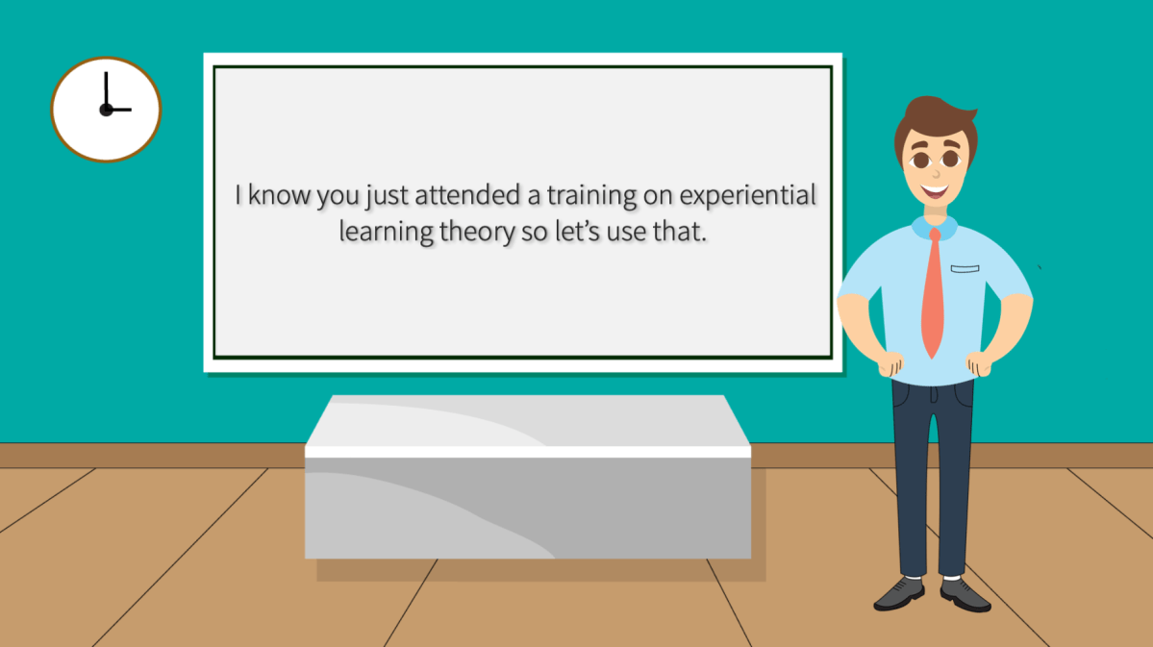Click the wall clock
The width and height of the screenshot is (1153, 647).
[106, 109]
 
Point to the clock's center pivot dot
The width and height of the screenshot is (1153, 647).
[105, 110]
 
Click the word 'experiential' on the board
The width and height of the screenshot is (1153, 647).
[747, 195]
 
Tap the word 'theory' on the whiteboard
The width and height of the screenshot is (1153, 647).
[473, 233]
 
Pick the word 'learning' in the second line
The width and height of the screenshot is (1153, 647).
[386, 233]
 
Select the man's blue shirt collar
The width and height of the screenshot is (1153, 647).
[934, 227]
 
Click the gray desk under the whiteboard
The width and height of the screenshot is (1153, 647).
[527, 481]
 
